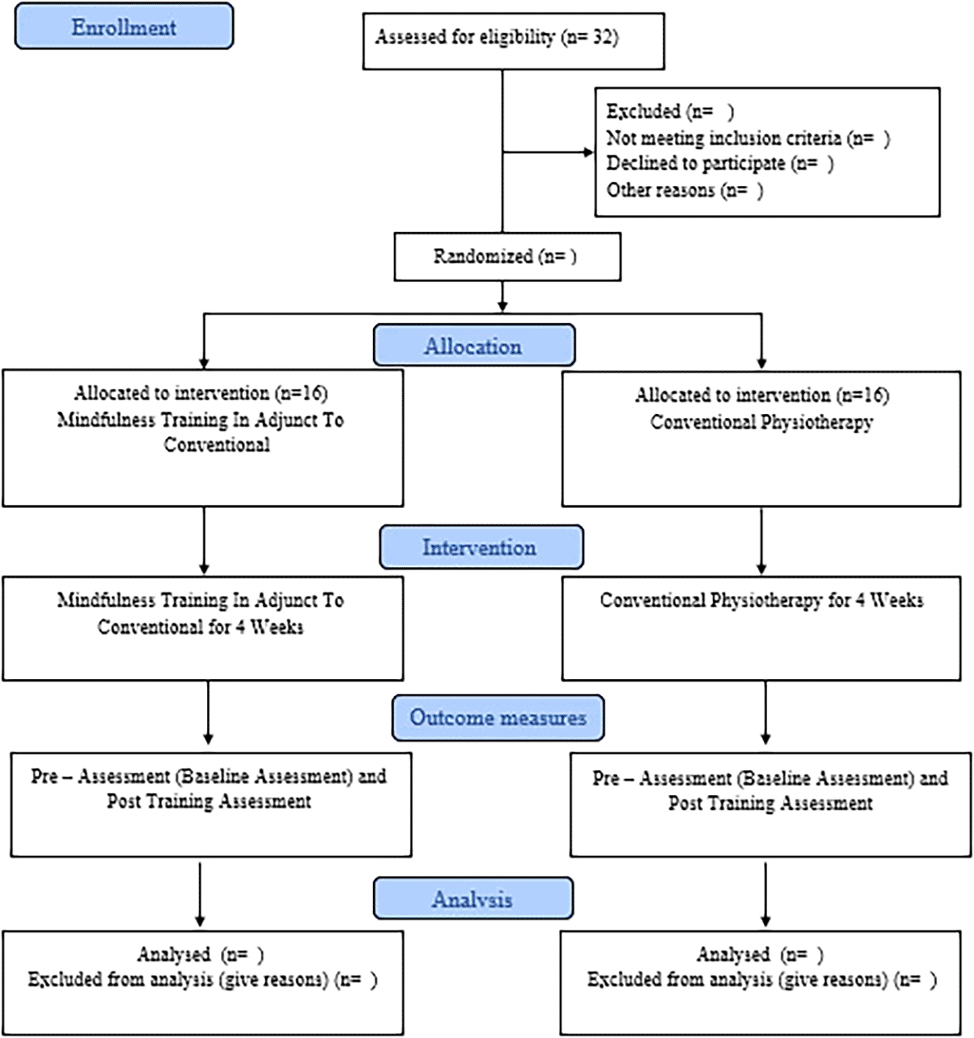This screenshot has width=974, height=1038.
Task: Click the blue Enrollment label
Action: [x=124, y=26]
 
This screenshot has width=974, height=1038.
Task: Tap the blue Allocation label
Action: [x=474, y=345]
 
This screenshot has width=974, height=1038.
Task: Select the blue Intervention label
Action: [x=481, y=547]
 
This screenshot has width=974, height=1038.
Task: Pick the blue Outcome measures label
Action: [x=498, y=717]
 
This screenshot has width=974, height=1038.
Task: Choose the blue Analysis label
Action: [x=473, y=898]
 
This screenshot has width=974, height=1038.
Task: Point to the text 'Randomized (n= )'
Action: [x=505, y=256]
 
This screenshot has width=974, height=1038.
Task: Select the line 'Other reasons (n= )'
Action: [x=685, y=190]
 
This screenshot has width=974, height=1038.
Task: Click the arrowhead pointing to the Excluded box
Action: [x=589, y=152]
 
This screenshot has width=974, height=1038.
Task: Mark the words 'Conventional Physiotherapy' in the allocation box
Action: [x=761, y=422]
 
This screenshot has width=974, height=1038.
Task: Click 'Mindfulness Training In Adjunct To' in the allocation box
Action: [x=201, y=420]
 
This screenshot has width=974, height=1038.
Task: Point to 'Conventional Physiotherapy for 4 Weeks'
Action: [x=761, y=600]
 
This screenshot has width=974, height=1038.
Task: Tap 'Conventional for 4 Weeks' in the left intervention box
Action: [x=201, y=626]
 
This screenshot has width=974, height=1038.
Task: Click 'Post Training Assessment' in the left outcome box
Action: [x=209, y=801]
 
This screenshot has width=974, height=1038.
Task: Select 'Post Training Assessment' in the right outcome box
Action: [x=770, y=803]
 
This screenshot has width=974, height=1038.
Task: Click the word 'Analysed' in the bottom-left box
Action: [x=174, y=954]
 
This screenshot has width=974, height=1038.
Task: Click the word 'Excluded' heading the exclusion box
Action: [x=643, y=112]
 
